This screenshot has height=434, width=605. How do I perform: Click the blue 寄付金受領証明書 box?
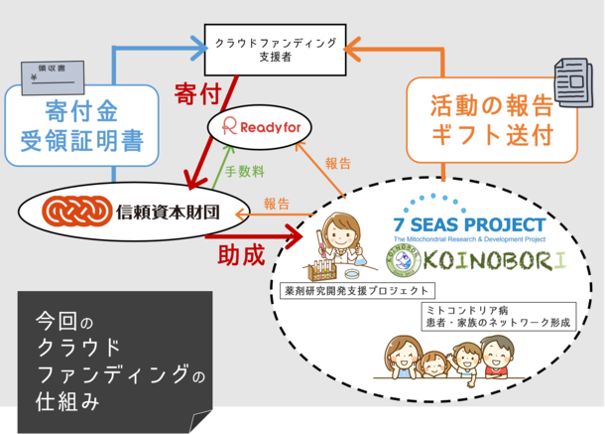[81, 125]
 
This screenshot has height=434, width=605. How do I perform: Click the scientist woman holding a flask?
[336, 238]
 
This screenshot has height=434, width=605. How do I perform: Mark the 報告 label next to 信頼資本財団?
[277, 204]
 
